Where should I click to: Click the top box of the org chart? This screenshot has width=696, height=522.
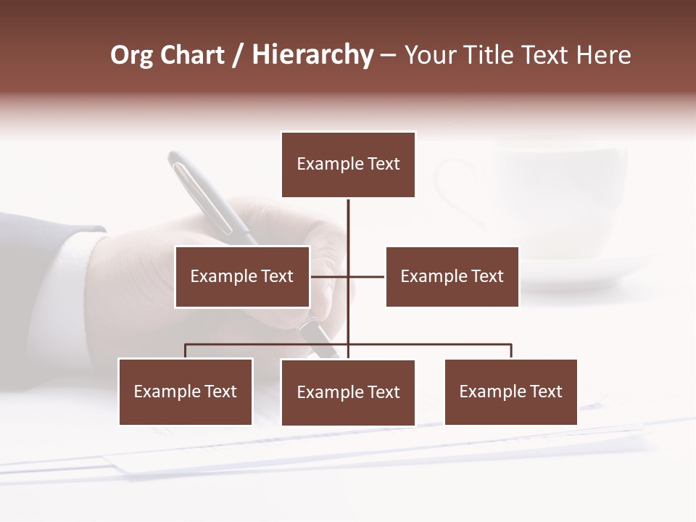[x=348, y=165]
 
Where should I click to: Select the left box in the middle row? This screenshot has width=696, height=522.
[x=242, y=276]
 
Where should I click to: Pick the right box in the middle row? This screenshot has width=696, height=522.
[x=452, y=276]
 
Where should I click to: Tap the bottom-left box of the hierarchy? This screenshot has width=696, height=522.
[x=186, y=391]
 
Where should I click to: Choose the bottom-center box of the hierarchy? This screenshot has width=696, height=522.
[x=348, y=392]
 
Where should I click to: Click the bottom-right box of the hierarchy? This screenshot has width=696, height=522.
[x=510, y=391]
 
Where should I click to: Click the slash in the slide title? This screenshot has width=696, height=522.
[x=238, y=55]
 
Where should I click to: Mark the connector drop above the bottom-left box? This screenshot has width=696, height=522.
[x=186, y=351]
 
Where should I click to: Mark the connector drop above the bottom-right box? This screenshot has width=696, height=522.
[x=511, y=351]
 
